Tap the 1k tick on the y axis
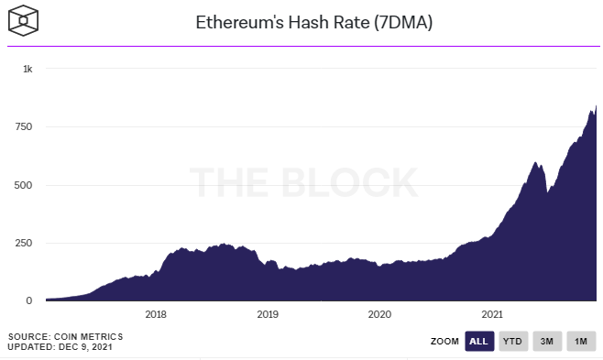(28, 69)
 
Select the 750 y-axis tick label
(25, 126)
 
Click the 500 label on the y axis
(25, 185)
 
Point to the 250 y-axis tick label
(25, 243)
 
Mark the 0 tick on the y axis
(30, 300)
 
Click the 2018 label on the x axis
(156, 315)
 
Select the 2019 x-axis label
(268, 315)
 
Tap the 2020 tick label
(379, 315)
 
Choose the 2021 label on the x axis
(491, 315)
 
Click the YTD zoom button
(513, 341)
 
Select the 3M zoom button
(547, 341)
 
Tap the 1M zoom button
(580, 341)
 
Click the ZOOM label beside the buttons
(444, 342)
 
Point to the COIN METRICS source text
(90, 336)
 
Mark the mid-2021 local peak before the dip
(535, 162)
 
